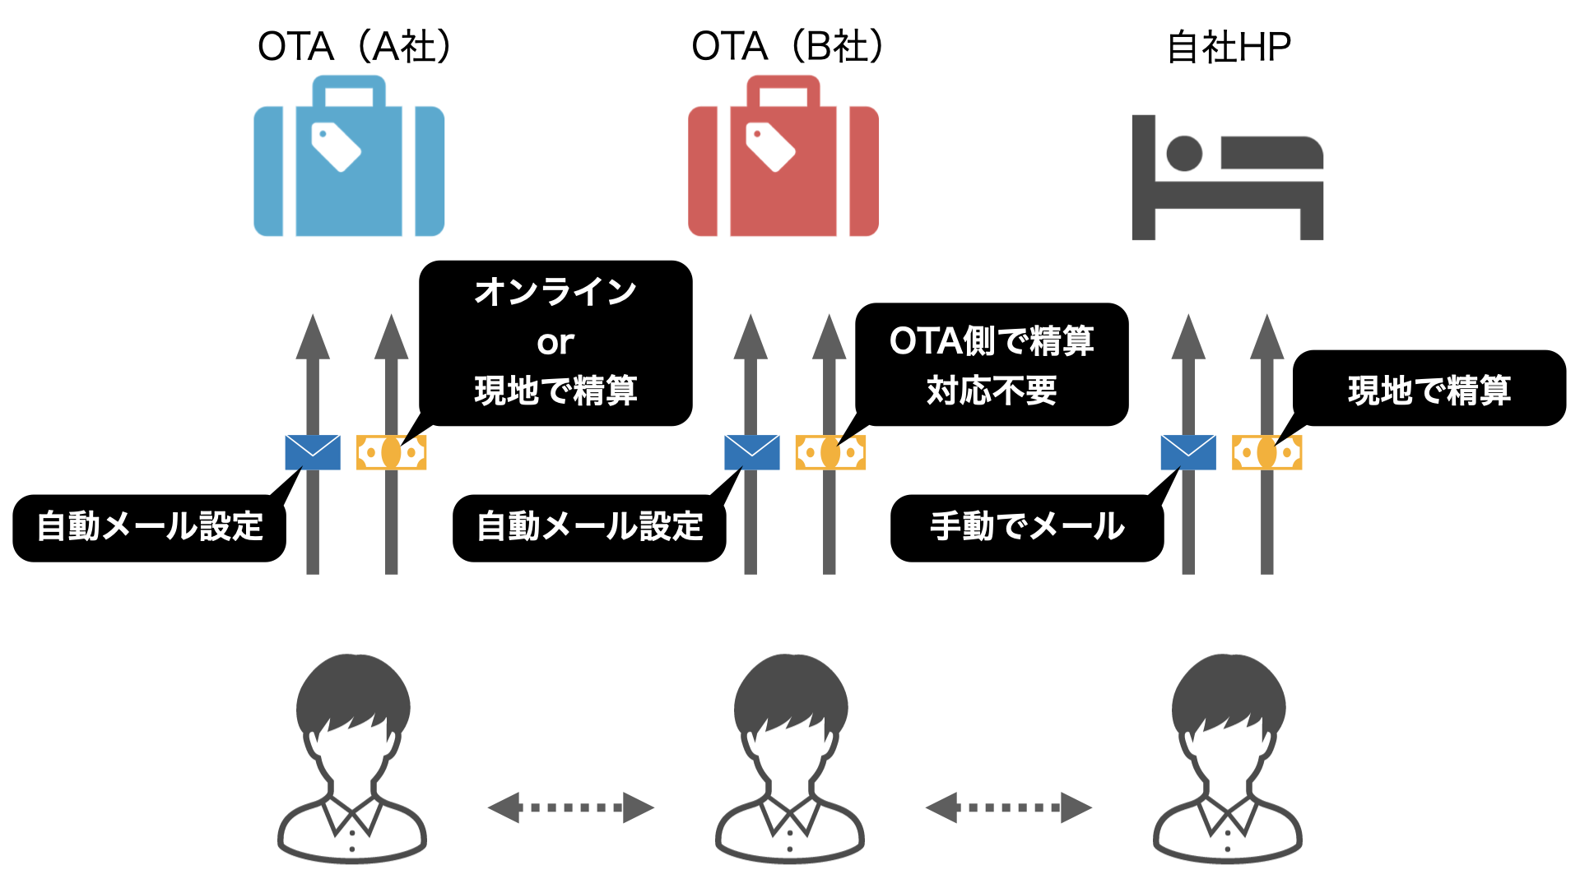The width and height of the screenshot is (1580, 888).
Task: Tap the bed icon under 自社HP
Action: click(1227, 178)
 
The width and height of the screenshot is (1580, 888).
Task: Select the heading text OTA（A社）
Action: click(355, 46)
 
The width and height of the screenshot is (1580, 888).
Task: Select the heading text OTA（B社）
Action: click(788, 46)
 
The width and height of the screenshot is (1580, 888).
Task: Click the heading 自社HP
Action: click(1229, 48)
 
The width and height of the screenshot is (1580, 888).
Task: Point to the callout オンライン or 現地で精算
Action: click(555, 342)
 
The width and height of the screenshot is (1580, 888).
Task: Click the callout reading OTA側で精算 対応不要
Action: click(992, 364)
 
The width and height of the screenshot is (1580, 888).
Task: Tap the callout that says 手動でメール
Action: click(1027, 527)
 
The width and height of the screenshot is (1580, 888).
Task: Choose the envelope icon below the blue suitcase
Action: click(313, 452)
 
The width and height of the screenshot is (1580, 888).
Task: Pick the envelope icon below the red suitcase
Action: click(751, 452)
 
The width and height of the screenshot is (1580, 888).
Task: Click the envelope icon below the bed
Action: click(1188, 452)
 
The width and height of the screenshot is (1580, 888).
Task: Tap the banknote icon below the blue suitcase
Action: click(391, 452)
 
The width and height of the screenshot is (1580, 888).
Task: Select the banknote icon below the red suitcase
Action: click(830, 452)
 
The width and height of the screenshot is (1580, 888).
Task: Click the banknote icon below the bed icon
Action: click(1266, 452)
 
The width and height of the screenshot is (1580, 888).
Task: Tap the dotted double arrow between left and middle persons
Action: click(570, 807)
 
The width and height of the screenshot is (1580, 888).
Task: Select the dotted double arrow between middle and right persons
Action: click(1008, 807)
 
